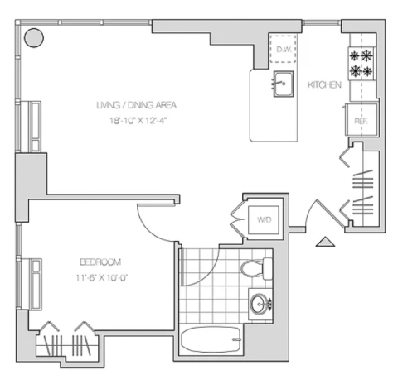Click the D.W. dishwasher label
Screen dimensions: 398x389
[284, 50]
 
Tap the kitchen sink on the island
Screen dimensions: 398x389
[284, 84]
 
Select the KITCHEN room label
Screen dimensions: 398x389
[324, 84]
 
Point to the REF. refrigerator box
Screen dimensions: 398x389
[362, 119]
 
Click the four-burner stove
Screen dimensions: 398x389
[362, 64]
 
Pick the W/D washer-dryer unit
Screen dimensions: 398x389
[264, 220]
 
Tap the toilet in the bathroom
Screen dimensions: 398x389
[257, 268]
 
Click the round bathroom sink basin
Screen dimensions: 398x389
[260, 304]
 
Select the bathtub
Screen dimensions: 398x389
[211, 339]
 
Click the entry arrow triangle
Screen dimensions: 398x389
[325, 242]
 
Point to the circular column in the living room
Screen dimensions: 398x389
[34, 38]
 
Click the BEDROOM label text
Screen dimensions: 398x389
[100, 262]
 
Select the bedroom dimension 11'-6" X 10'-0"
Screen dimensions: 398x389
[102, 277]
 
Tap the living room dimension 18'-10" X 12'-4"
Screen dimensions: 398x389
[138, 121]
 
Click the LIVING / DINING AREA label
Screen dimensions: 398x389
[137, 105]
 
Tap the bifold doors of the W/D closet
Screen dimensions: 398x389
[237, 219]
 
